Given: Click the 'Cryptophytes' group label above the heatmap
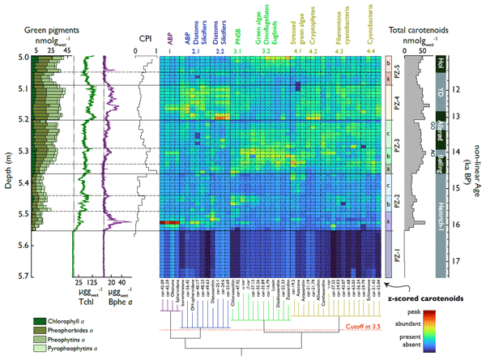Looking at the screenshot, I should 313,29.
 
